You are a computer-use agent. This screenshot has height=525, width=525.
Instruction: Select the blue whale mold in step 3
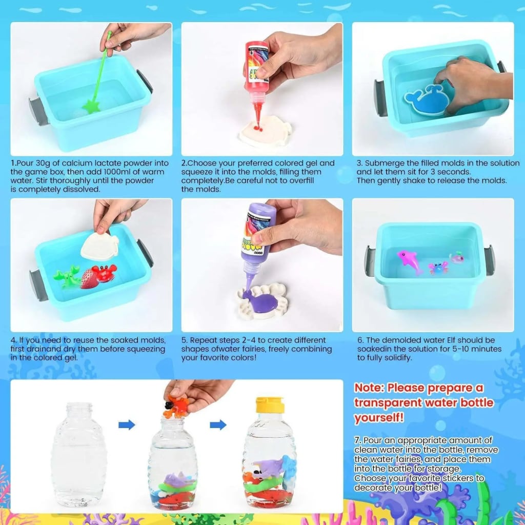tap(427, 99)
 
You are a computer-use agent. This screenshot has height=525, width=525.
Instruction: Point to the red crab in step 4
tap(105, 273)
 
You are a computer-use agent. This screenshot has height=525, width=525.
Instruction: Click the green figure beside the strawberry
tap(67, 276)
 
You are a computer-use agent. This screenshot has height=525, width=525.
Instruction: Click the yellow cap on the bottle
tap(270, 405)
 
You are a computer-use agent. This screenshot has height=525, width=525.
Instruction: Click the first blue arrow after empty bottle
tap(127, 425)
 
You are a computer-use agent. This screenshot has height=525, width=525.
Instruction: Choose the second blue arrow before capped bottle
tap(218, 425)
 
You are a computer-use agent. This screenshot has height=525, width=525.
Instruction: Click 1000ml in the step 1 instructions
tap(103, 172)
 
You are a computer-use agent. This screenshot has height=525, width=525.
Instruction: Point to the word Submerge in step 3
tap(384, 163)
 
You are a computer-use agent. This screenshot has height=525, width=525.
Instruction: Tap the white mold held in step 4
tap(99, 246)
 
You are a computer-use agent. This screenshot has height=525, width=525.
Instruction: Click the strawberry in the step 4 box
tap(88, 278)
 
